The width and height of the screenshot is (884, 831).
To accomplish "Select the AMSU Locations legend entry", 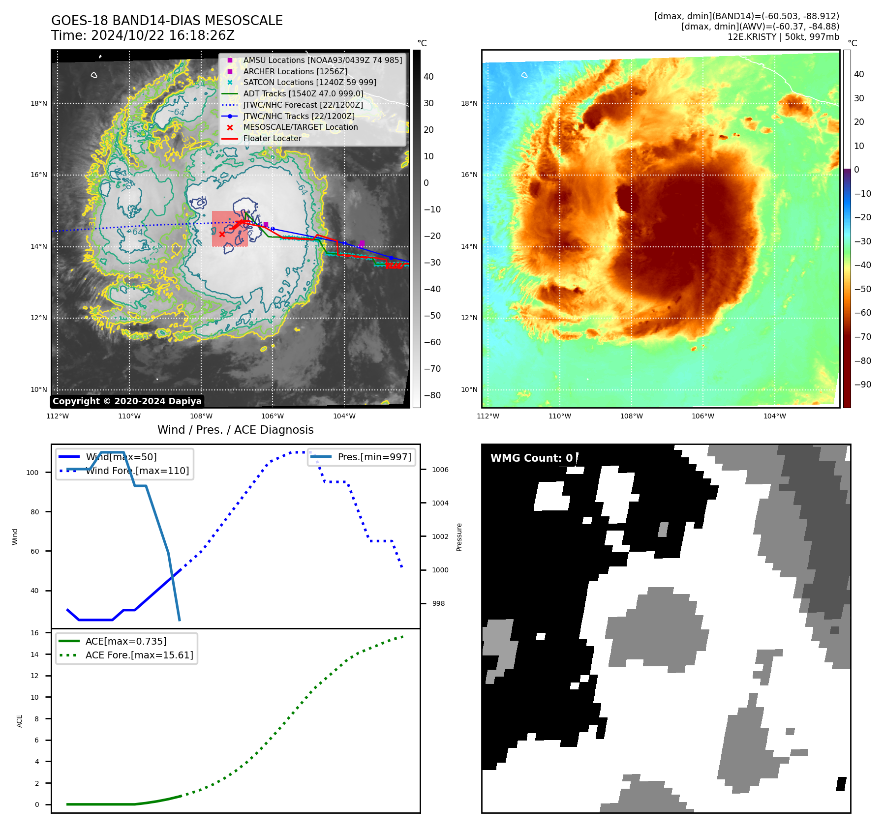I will point(322,60).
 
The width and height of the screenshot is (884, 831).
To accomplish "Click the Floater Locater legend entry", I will point(272,138).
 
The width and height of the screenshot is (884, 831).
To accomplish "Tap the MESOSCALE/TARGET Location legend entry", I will point(300,127).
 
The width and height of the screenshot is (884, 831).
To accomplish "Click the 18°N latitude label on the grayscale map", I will point(39,103).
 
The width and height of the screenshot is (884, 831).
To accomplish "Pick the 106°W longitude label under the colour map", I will point(702,416).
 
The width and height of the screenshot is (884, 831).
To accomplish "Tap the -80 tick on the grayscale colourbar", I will point(432,395).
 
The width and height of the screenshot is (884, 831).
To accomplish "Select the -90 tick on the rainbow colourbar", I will point(863,385).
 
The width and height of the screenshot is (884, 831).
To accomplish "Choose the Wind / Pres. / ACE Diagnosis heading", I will point(235,430).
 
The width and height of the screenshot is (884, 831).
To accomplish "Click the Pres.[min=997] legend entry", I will point(374,457).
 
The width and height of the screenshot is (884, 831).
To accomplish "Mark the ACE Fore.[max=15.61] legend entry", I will point(139,655).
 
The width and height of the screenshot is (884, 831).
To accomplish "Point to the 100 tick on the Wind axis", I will point(32,473).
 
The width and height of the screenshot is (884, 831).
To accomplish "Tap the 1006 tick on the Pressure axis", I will point(440,470).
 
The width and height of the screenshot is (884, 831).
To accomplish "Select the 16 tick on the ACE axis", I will point(34,633).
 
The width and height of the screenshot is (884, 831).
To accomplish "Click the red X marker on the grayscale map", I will point(222,234).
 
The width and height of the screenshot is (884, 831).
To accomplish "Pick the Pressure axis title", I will point(459,537).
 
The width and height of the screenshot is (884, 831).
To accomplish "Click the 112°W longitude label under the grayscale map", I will point(58,416).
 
